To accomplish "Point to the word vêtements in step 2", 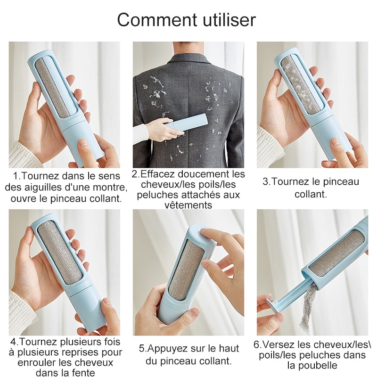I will [x=188, y=205].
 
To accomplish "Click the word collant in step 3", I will [x=311, y=194].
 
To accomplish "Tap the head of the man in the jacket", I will [x=188, y=49].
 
